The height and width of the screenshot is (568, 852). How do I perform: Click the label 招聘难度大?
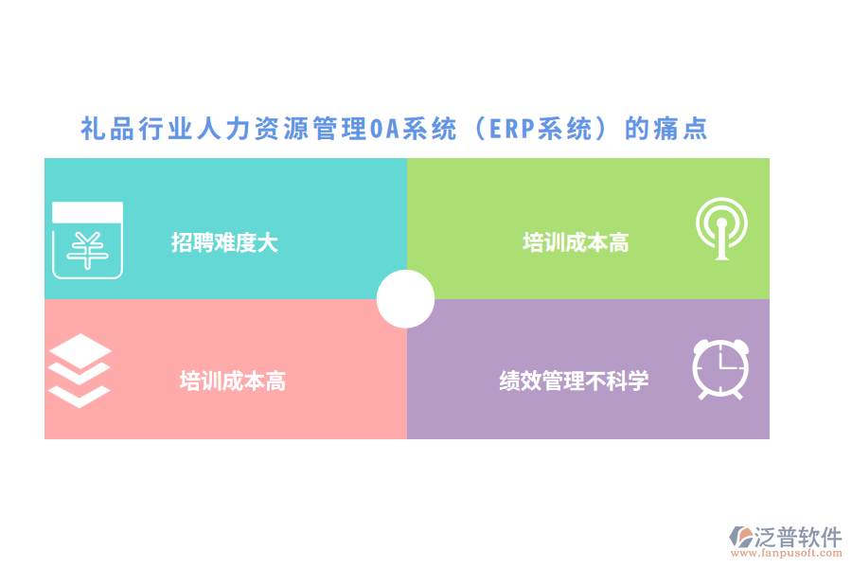(224, 242)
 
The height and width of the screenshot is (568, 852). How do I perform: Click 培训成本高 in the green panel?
(576, 242)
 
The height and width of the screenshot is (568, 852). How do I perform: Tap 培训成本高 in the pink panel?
(233, 382)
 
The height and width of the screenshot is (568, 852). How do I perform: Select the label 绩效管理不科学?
(574, 382)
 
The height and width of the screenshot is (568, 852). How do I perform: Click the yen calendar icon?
(87, 240)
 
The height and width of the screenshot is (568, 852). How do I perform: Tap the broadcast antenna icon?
(721, 230)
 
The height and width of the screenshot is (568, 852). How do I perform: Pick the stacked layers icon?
(80, 370)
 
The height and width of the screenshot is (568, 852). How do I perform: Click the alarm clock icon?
(720, 368)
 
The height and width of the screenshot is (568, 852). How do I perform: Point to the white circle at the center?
(405, 299)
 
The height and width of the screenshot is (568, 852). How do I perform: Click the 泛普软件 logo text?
(797, 537)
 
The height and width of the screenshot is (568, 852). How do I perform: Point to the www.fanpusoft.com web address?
(785, 554)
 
